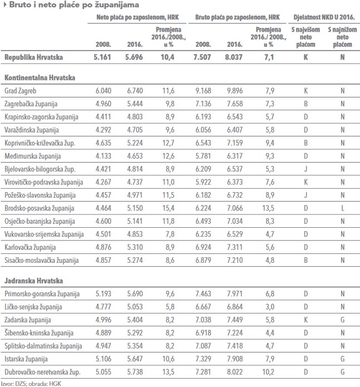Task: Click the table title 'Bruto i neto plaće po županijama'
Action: tap(74, 4)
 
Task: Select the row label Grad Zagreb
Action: tap(20, 91)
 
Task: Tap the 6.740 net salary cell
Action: tap(135, 91)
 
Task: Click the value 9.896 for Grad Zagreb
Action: tap(235, 91)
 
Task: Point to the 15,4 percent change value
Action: tap(168, 208)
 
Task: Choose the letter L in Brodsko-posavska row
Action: tap(343, 208)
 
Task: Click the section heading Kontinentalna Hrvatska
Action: tap(40, 77)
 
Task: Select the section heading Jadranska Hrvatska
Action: tap(33, 281)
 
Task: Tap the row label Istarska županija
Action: tap(26, 359)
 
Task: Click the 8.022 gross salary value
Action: tap(235, 372)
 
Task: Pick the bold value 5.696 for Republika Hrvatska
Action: tap(134, 57)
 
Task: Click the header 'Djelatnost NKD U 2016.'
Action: tap(324, 17)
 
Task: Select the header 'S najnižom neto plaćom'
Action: tap(342, 37)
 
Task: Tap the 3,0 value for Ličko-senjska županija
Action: tap(270, 307)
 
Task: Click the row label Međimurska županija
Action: tap(32, 156)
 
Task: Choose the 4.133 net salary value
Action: tap(103, 156)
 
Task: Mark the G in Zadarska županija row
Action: tap(343, 320)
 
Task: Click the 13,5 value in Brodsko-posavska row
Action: tap(268, 208)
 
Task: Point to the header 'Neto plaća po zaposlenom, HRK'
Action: tap(137, 17)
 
